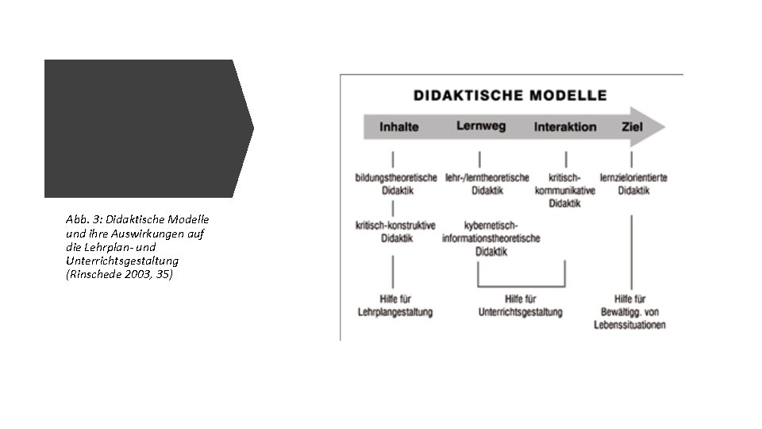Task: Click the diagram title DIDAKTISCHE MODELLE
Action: (x=510, y=95)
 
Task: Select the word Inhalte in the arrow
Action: (x=398, y=127)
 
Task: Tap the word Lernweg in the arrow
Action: (x=481, y=126)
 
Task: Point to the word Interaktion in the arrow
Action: (x=565, y=127)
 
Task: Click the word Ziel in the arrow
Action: (x=633, y=127)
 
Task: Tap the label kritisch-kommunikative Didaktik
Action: (x=565, y=191)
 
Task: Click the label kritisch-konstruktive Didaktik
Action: (x=395, y=231)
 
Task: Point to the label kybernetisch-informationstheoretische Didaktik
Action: (x=491, y=238)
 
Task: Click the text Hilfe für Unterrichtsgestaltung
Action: (x=520, y=306)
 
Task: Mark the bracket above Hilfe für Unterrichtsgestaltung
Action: (x=521, y=285)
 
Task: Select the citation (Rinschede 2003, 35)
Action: (x=120, y=274)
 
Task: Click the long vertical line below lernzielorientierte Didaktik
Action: (x=632, y=250)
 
